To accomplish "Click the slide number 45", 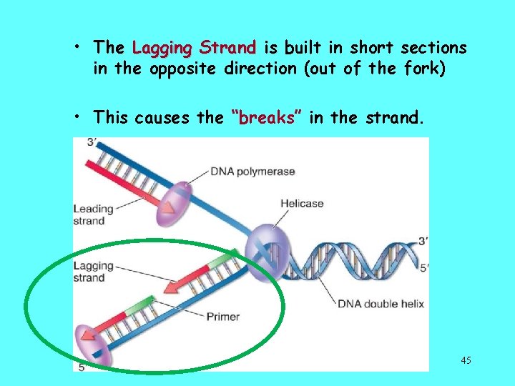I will click(x=466, y=360).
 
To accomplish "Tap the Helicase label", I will click(x=301, y=204).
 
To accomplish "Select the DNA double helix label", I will click(x=381, y=304).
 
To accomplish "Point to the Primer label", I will click(x=222, y=316).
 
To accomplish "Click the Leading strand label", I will click(x=93, y=214).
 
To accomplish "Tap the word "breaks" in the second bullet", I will click(x=267, y=118).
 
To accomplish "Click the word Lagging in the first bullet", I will click(x=162, y=49).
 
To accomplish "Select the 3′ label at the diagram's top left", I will click(x=92, y=143).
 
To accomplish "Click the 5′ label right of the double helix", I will click(x=423, y=269).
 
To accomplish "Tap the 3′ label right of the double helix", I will click(x=423, y=242).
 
